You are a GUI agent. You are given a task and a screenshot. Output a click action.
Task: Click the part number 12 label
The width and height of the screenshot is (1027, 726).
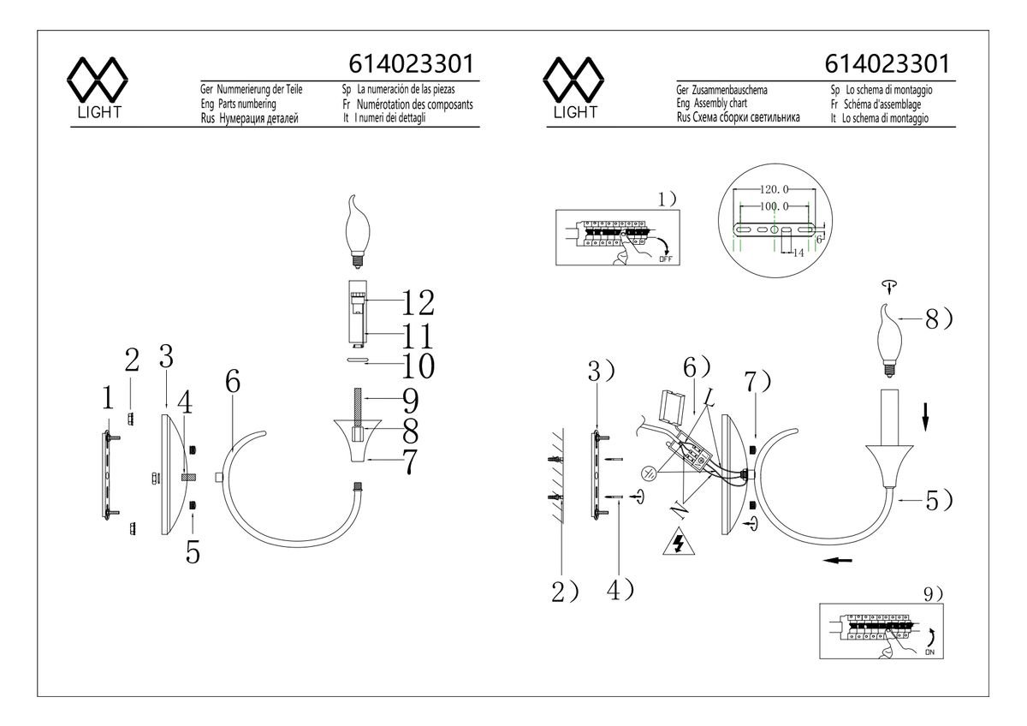(418, 303)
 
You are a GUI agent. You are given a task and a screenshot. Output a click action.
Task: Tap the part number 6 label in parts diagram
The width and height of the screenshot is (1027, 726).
(233, 382)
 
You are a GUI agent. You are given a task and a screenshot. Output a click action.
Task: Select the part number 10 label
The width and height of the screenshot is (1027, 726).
(418, 366)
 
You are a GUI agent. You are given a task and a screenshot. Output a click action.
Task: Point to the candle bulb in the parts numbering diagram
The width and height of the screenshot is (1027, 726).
(357, 232)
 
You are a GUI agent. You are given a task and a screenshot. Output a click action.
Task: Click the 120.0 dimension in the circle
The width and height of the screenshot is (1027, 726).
(774, 189)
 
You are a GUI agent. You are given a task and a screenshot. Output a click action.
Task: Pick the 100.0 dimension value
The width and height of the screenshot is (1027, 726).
(774, 206)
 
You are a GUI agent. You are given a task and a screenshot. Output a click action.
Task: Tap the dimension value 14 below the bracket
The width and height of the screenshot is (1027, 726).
(798, 253)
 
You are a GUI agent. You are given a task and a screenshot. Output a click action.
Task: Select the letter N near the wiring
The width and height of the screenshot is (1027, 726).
(679, 510)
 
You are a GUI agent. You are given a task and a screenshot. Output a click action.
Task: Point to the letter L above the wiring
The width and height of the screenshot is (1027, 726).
(709, 397)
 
